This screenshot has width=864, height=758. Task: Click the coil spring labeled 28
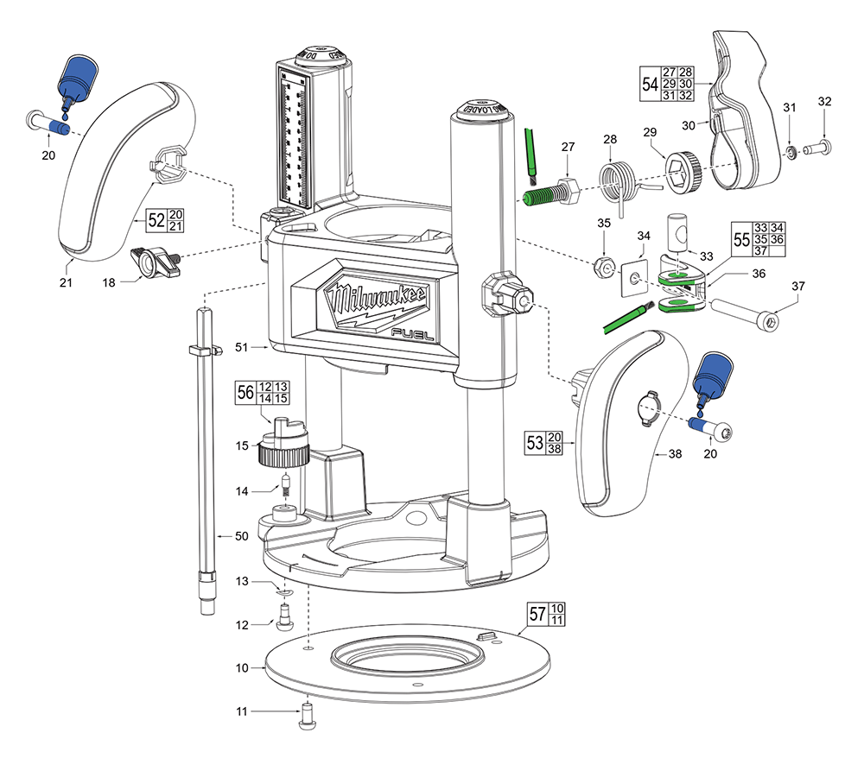617,182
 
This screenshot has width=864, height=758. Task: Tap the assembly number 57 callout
537,615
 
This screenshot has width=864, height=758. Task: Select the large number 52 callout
156,219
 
